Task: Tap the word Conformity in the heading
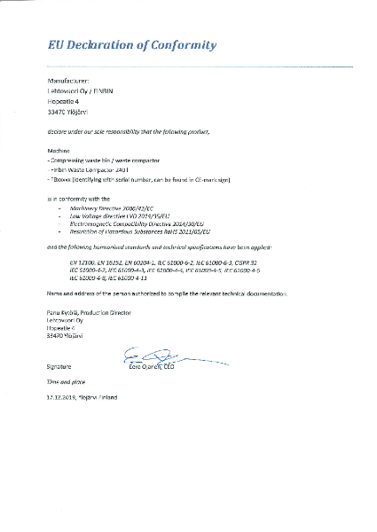click(x=184, y=44)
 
